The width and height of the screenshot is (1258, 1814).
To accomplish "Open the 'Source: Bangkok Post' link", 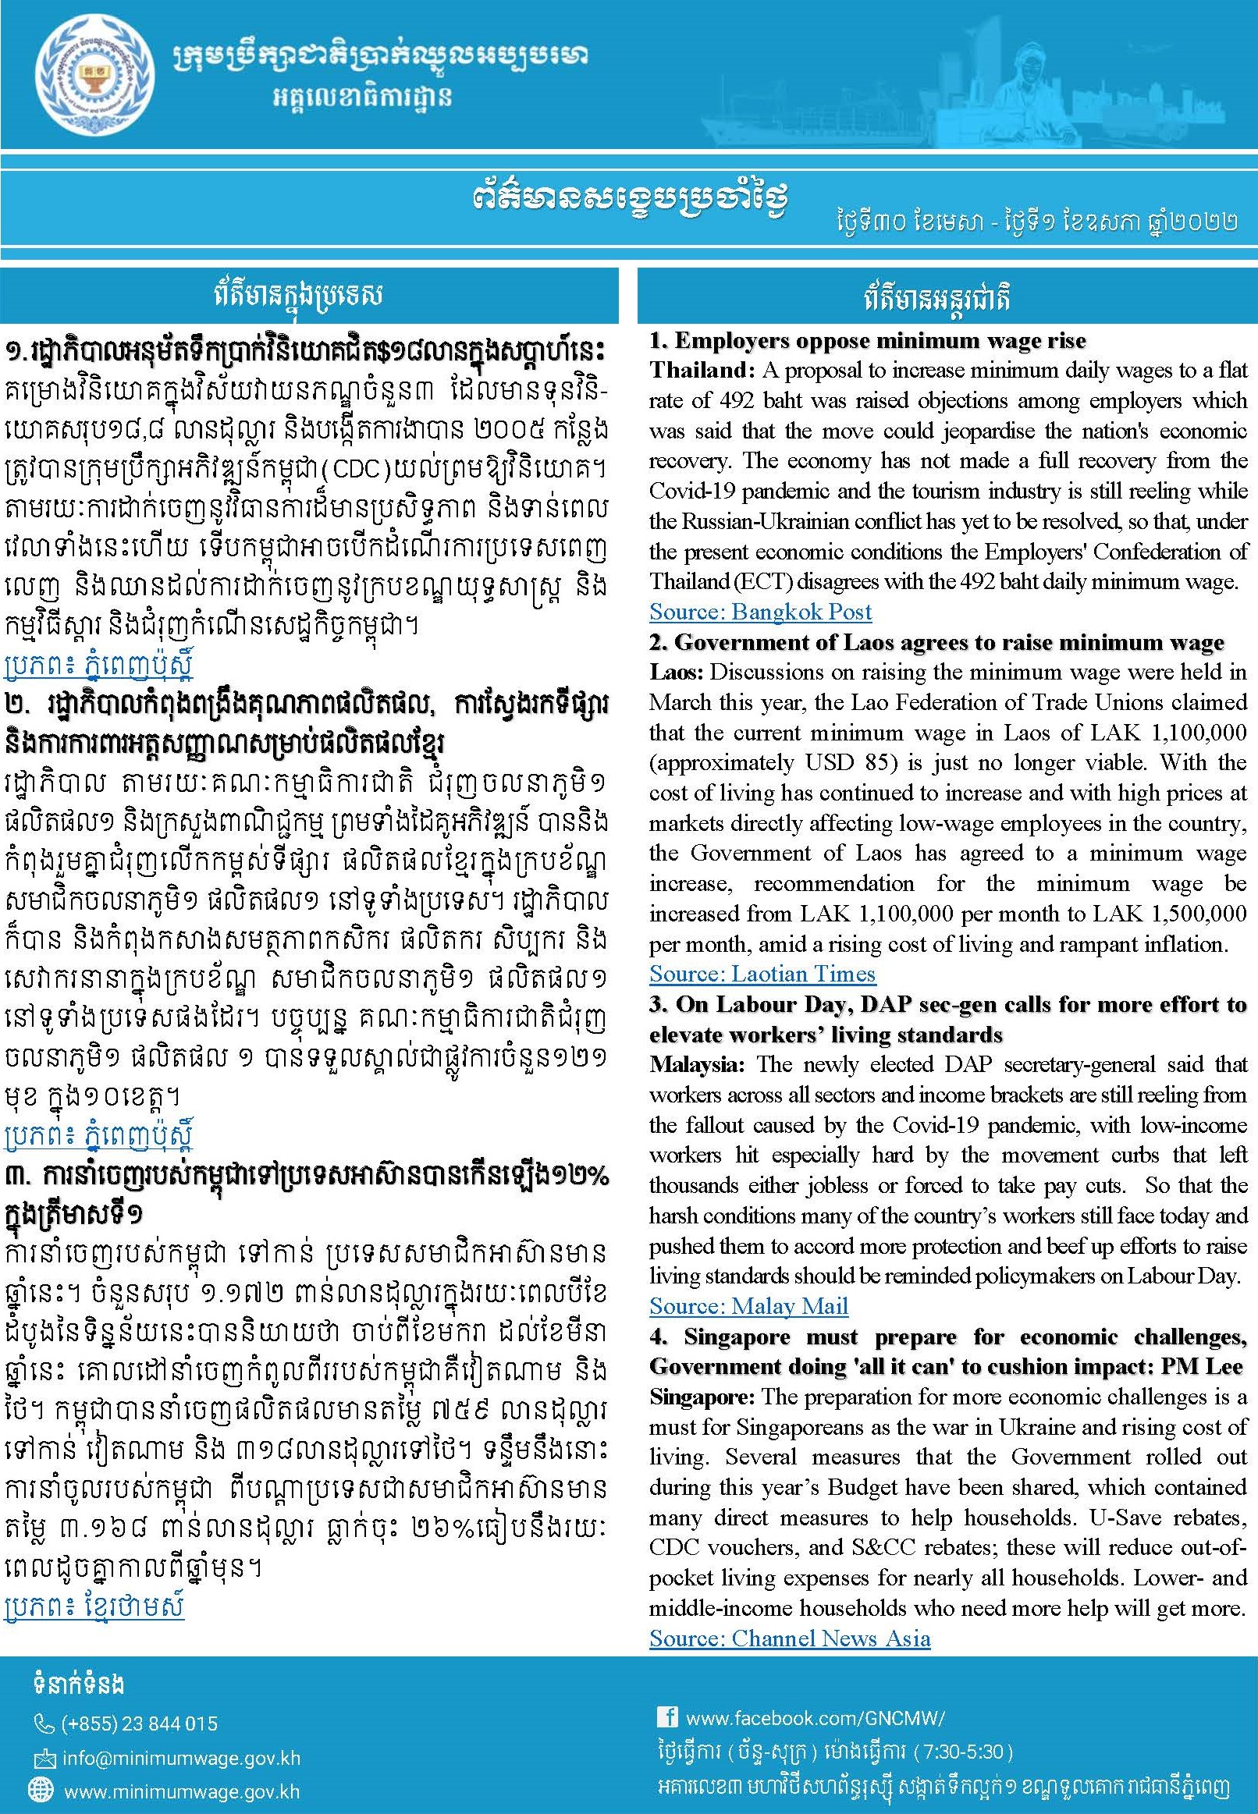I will [760, 612].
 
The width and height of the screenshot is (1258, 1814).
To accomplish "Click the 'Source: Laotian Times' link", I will [762, 974].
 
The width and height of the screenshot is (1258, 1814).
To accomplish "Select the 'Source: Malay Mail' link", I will [748, 1307].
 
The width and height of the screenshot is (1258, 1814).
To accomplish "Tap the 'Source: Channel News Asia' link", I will [789, 1639].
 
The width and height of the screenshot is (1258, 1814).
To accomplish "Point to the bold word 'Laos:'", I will [677, 673].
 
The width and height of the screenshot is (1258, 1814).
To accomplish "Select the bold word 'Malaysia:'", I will [695, 1064].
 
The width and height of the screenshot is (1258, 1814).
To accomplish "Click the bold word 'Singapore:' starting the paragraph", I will [702, 1397].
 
